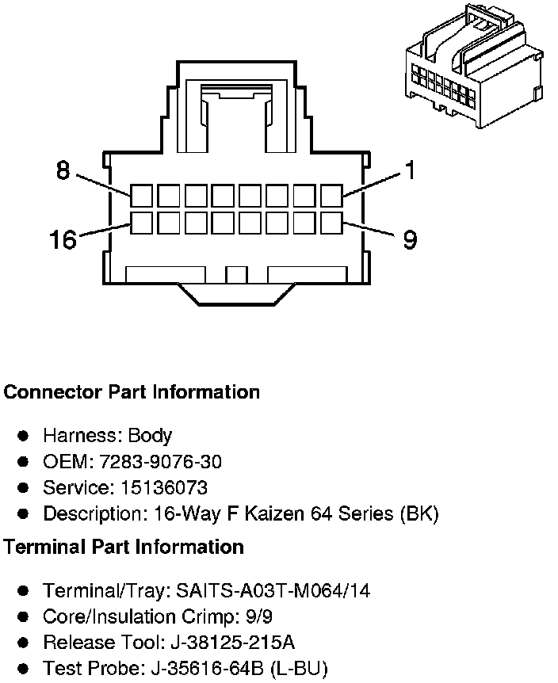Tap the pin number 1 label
(409, 170)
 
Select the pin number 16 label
(63, 238)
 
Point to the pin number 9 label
(409, 238)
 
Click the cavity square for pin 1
(332, 195)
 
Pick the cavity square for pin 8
(142, 195)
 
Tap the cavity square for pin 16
(142, 223)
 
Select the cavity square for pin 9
(332, 223)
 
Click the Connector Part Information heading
(132, 392)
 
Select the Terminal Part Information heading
(124, 547)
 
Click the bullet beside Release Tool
(24, 643)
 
